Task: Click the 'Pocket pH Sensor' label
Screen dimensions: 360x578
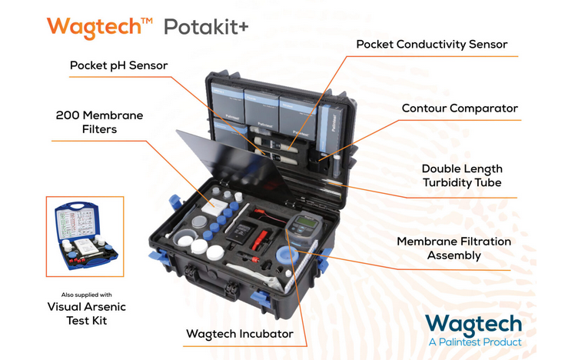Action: click(x=118, y=65)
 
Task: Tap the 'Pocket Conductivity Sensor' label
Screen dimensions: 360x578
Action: click(x=432, y=44)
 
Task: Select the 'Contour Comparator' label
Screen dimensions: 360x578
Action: click(x=460, y=108)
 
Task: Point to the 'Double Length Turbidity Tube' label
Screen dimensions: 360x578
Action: click(x=462, y=175)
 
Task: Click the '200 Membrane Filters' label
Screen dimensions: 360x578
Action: click(x=99, y=122)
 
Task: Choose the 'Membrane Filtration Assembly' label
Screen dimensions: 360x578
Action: click(x=453, y=248)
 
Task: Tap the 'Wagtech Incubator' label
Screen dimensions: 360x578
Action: click(x=239, y=334)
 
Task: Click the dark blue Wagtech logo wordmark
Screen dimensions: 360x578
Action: click(x=473, y=322)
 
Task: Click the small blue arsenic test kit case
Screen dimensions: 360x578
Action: click(x=84, y=238)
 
